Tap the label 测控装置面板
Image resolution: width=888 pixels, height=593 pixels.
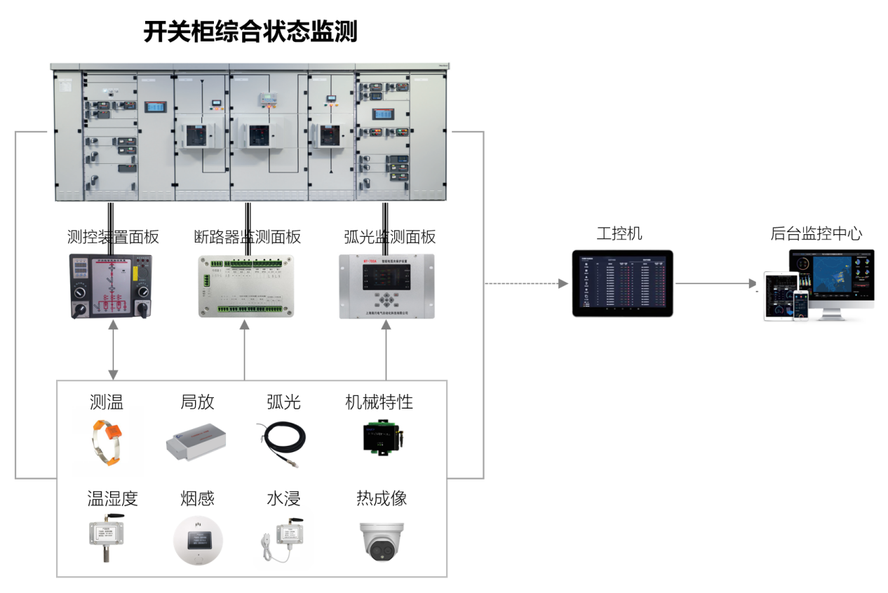113,237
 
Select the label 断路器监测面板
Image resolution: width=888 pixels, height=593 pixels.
247,237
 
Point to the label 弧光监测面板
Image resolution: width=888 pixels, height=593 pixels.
389,237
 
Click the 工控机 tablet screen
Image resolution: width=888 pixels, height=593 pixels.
622,283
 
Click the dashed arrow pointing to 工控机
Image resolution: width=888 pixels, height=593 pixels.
526,284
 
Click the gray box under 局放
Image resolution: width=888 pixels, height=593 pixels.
197,440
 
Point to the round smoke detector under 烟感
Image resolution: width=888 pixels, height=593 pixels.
198,541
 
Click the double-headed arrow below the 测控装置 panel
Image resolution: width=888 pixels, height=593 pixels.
113,350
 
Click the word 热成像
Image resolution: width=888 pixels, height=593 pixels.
381,498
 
